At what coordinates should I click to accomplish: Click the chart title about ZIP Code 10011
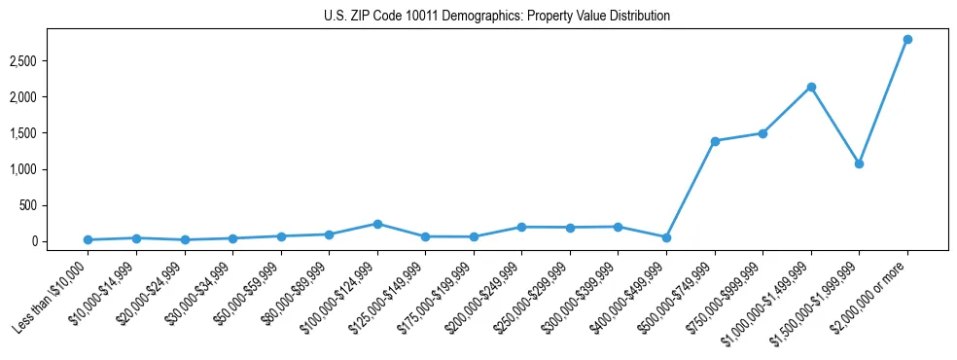497,16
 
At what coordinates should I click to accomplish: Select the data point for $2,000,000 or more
907,39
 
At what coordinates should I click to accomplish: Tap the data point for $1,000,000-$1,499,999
811,87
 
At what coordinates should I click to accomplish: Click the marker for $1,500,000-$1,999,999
859,163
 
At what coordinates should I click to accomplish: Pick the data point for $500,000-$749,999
715,141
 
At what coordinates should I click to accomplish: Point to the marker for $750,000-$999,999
762,133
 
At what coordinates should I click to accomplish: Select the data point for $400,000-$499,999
666,237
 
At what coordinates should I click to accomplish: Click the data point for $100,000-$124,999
377,224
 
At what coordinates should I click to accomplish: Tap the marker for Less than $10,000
89,239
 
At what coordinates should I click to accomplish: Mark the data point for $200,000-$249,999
522,227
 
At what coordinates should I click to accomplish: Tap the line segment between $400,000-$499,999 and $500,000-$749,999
691,190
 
